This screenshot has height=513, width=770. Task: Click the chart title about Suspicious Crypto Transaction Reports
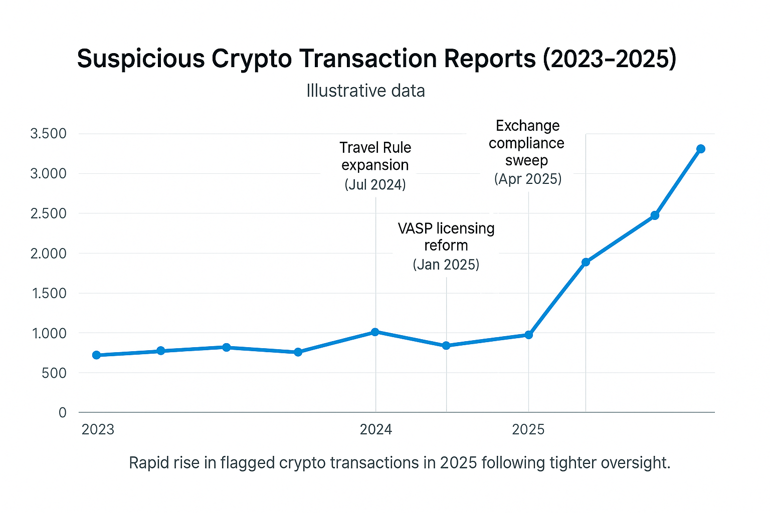376,59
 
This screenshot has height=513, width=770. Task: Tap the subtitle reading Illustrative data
365,91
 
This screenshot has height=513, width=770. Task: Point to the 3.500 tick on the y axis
48,133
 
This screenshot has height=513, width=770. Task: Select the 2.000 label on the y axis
48,253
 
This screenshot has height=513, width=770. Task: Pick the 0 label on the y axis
62,413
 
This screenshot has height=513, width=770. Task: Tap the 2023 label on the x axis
98,429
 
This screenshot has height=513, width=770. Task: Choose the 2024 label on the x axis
376,429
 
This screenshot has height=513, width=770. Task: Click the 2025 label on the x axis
528,429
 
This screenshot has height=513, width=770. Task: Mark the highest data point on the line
701,149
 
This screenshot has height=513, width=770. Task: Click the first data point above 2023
97,355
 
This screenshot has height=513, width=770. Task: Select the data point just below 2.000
586,262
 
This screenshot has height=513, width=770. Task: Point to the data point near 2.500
655,215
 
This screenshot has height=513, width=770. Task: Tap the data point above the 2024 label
375,332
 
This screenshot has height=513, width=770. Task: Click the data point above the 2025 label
528,335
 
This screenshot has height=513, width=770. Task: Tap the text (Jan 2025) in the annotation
446,265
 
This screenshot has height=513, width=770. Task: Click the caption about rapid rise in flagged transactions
399,462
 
